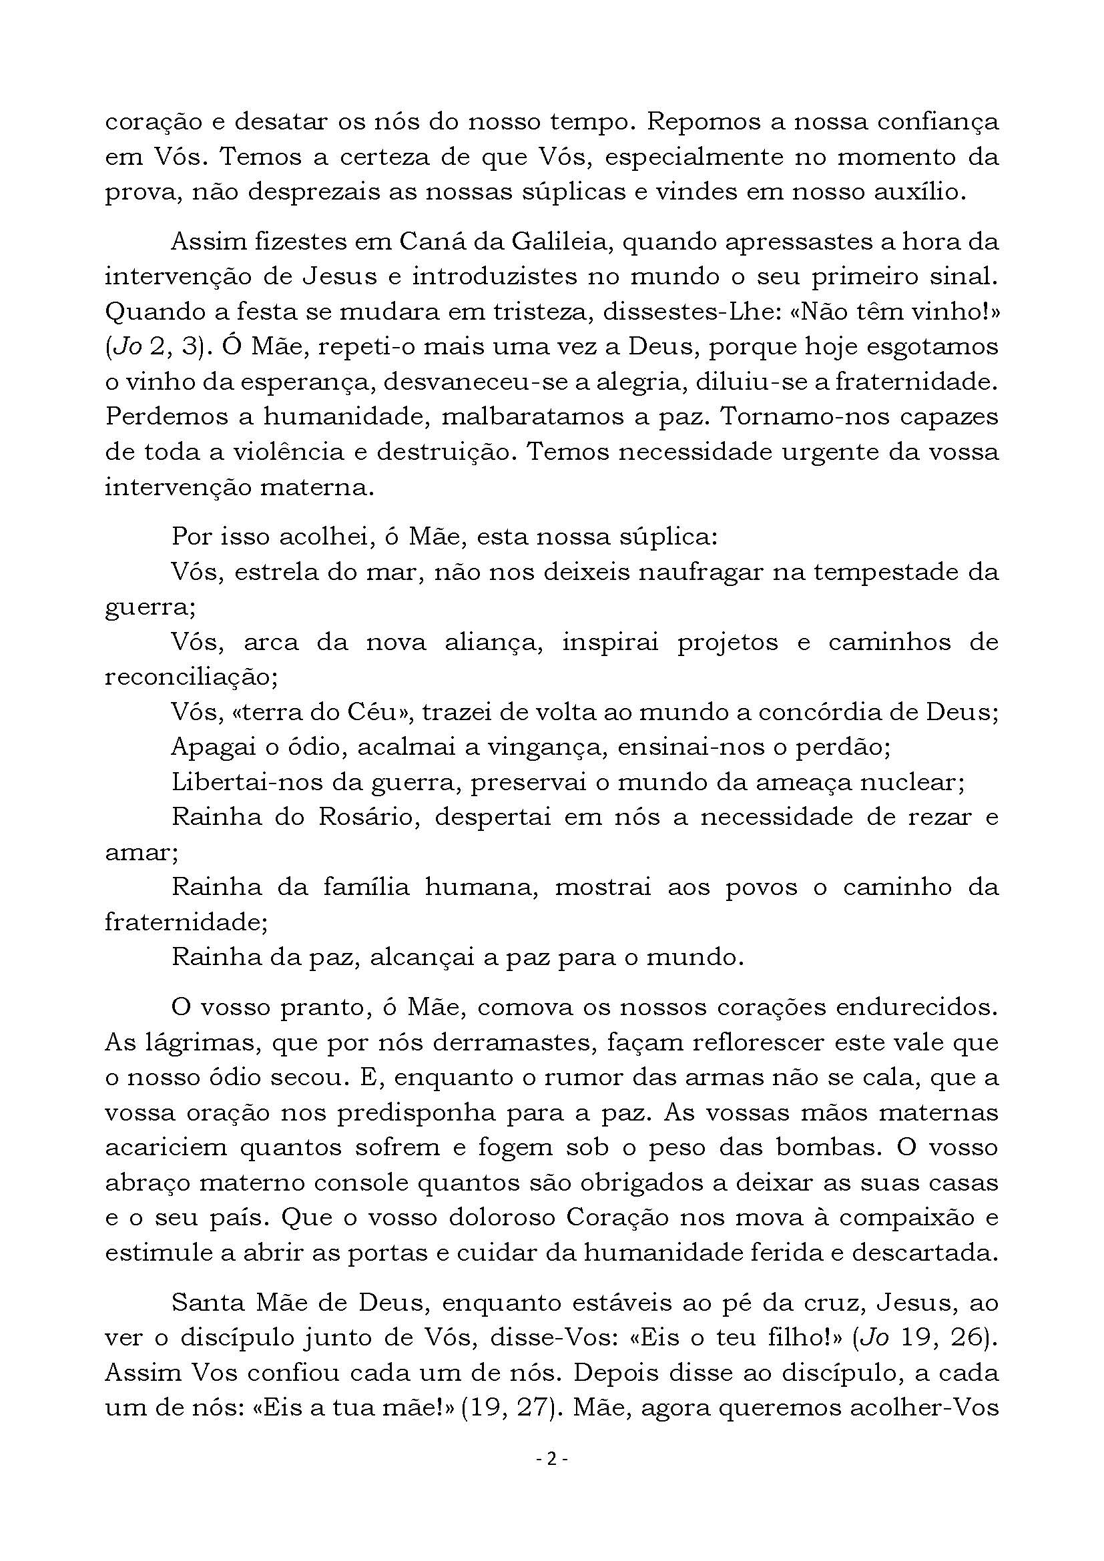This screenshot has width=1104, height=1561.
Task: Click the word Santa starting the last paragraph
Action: [x=211, y=1303]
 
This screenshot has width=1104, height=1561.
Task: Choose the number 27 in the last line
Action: [x=532, y=1408]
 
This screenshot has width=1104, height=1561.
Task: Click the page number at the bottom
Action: [x=552, y=1458]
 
